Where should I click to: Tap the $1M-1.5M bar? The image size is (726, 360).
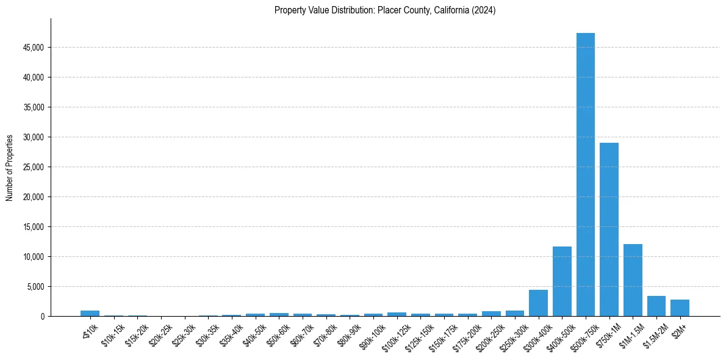633,280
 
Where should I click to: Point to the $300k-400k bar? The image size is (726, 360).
538,303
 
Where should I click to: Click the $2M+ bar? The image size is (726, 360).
680,308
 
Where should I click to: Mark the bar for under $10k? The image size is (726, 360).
90,314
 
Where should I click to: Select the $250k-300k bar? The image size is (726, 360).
514,314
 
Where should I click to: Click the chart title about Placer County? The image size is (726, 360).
385,10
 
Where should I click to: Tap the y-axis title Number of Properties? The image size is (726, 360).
10,167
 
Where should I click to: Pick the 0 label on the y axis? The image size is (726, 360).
43,317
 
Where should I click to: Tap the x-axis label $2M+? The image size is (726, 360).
677,328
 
